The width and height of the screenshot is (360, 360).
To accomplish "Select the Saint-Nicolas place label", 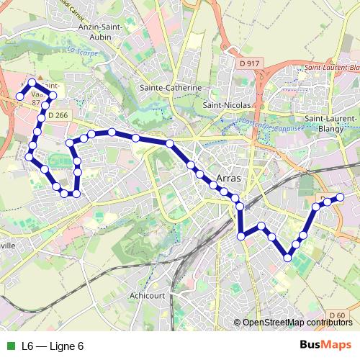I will (x=226, y=104).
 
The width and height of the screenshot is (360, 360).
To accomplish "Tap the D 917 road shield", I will (x=248, y=63).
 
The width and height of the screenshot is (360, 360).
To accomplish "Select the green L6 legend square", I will (x=9, y=346).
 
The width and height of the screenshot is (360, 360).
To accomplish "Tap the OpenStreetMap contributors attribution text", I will (x=297, y=323).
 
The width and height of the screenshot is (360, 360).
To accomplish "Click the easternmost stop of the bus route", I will (x=340, y=197).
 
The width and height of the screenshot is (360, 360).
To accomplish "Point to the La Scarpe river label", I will (x=81, y=53).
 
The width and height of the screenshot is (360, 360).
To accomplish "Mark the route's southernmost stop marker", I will (x=288, y=257).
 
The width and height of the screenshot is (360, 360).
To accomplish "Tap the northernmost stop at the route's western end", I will (x=32, y=83).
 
